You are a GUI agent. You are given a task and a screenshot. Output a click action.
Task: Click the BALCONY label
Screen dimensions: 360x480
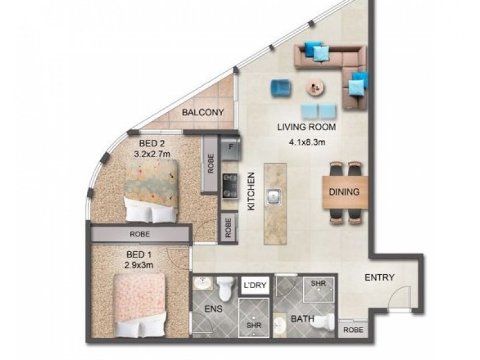pyautogui.click(x=203, y=112)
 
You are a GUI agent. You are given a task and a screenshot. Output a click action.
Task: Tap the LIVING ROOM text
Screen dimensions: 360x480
pyautogui.click(x=306, y=127)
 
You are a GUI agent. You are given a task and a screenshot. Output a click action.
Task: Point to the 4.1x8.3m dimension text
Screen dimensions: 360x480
pyautogui.click(x=306, y=143)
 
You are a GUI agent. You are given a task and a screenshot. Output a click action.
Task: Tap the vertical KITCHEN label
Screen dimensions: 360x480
pyautogui.click(x=252, y=191)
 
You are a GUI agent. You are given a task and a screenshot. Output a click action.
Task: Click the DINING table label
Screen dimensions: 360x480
pyautogui.click(x=344, y=193)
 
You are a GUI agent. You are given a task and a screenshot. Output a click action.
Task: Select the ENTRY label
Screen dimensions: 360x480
pyautogui.click(x=379, y=277)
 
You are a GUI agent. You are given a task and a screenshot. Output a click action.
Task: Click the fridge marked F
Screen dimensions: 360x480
pyautogui.click(x=230, y=146)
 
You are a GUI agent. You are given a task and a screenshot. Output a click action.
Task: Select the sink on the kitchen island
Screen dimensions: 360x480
pyautogui.click(x=273, y=195)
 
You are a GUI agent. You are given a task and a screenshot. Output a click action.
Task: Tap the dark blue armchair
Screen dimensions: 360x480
pyautogui.click(x=279, y=88)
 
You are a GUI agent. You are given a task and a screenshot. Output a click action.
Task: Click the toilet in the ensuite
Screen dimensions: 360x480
pyautogui.click(x=226, y=287)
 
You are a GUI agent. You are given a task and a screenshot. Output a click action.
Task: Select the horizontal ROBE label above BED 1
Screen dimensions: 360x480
pyautogui.click(x=139, y=234)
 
